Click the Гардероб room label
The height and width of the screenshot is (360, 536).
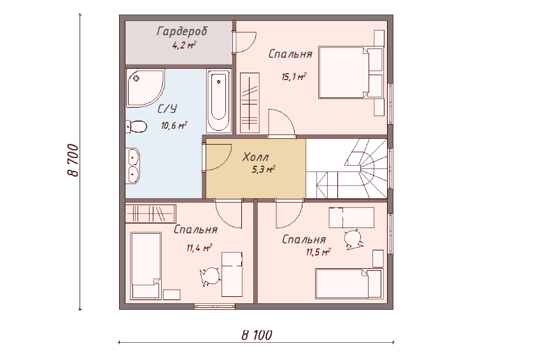pyautogui.click(x=182, y=31)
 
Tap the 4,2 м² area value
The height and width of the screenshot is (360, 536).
pyautogui.click(x=184, y=45)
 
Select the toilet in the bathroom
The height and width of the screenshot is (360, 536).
pyautogui.click(x=136, y=126)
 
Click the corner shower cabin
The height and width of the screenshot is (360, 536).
pyautogui.click(x=145, y=87)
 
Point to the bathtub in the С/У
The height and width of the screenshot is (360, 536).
pyautogui.click(x=218, y=101)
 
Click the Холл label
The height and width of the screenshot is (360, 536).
pyautogui.click(x=255, y=157)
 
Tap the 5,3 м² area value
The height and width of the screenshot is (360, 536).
pyautogui.click(x=264, y=169)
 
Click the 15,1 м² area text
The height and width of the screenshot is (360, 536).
pyautogui.click(x=293, y=76)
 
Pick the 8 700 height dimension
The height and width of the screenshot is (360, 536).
pyautogui.click(x=73, y=160)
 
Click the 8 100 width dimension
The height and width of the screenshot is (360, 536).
pyautogui.click(x=257, y=335)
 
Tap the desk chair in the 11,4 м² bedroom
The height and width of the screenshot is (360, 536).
pyautogui.click(x=210, y=277)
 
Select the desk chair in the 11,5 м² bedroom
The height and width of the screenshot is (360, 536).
pyautogui.click(x=353, y=239)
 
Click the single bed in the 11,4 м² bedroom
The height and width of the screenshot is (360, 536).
pyautogui.click(x=146, y=266)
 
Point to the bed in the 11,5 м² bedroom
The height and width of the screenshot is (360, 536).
pyautogui.click(x=349, y=284)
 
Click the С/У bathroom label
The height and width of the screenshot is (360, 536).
pyautogui.click(x=167, y=109)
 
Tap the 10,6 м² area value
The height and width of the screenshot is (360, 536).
pyautogui.click(x=174, y=126)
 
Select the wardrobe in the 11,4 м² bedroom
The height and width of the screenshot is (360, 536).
pyautogui.click(x=150, y=213)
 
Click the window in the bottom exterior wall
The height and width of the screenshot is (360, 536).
pyautogui.click(x=215, y=306)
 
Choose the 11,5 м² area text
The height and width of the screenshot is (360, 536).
pyautogui.click(x=318, y=252)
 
